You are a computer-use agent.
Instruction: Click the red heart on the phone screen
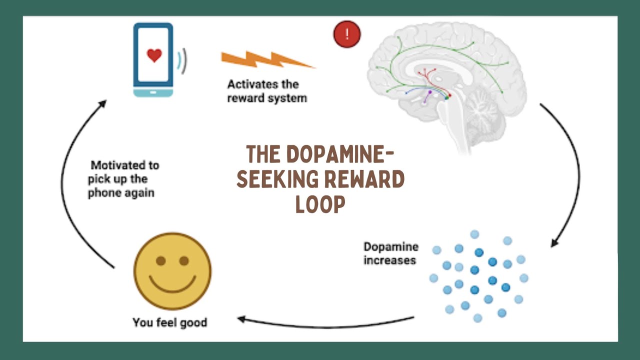(154, 55)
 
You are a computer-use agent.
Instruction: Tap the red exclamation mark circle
(347, 34)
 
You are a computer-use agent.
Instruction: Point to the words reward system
(267, 98)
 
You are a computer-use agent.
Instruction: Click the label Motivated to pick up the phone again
(122, 178)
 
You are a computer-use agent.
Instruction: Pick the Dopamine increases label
(390, 253)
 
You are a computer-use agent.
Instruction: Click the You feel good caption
(169, 322)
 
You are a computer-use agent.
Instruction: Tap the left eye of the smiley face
(160, 260)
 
